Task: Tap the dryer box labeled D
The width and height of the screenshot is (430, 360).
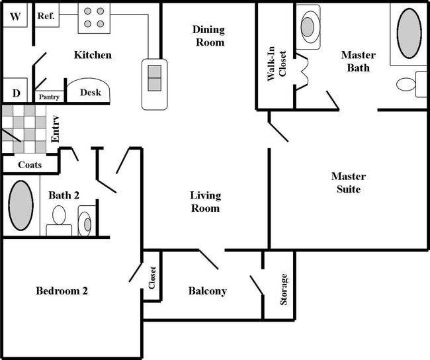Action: click(15, 91)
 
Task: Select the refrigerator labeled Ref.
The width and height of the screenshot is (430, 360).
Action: click(46, 15)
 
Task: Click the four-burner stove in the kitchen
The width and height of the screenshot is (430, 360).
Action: click(93, 18)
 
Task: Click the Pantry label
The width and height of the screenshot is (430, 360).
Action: click(49, 97)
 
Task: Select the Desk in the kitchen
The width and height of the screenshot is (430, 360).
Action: click(90, 93)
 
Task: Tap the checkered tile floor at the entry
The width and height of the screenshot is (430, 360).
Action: click(24, 128)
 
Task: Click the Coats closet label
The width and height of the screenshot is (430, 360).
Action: click(30, 165)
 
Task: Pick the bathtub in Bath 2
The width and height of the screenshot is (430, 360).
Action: click(21, 204)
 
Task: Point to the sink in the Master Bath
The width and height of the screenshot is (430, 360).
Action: click(308, 26)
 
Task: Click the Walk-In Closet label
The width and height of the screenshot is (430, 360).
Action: click(277, 65)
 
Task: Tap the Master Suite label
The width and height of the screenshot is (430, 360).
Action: click(348, 183)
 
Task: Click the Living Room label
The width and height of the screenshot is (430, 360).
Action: click(205, 202)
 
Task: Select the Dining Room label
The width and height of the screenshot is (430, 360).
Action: click(208, 36)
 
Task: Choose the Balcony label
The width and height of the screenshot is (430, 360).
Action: click(207, 291)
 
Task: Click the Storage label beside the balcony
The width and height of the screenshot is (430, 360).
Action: click(284, 289)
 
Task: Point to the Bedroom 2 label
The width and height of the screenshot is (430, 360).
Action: click(62, 291)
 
